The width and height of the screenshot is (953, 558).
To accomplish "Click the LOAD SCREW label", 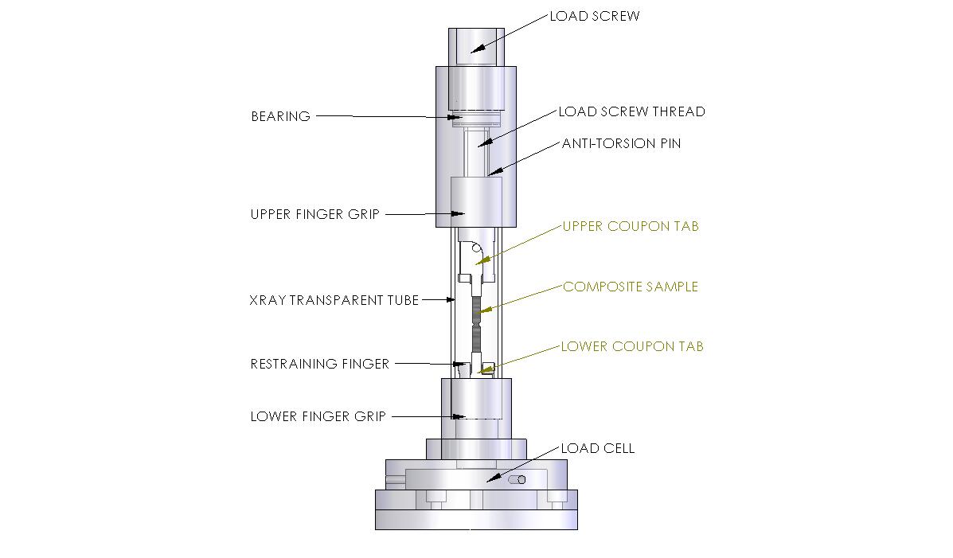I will (594, 16).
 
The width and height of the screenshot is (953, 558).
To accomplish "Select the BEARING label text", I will (280, 116).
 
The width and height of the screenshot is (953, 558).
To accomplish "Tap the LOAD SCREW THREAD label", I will (631, 111).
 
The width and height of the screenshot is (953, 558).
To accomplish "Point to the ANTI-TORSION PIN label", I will (621, 144).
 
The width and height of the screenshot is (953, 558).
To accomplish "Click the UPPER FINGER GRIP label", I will (314, 214).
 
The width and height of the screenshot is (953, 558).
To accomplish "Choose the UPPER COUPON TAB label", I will (631, 226).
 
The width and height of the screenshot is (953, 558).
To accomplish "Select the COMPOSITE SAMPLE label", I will (631, 287).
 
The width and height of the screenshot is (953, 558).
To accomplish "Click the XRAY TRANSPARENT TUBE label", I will (334, 300).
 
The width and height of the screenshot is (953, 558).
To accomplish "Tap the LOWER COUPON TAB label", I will (632, 346).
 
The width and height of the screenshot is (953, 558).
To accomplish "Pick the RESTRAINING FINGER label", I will (319, 364).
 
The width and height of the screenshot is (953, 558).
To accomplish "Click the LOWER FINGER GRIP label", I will (318, 416).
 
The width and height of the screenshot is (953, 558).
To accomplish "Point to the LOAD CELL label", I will (597, 448).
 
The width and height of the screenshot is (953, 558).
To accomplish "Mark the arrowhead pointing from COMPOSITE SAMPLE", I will (479, 310).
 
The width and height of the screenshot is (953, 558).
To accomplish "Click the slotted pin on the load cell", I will (517, 479).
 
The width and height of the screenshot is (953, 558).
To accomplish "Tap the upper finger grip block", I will (476, 202).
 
